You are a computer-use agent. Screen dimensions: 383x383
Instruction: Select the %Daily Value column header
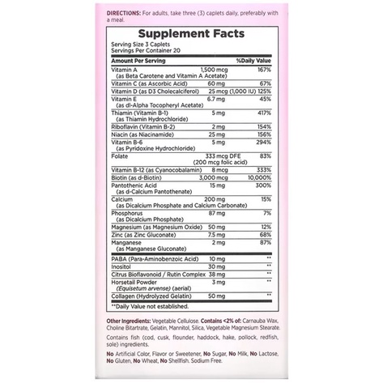pyautogui.click(x=252, y=60)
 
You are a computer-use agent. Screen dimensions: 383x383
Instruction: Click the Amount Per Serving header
pyautogui.click(x=136, y=60)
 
